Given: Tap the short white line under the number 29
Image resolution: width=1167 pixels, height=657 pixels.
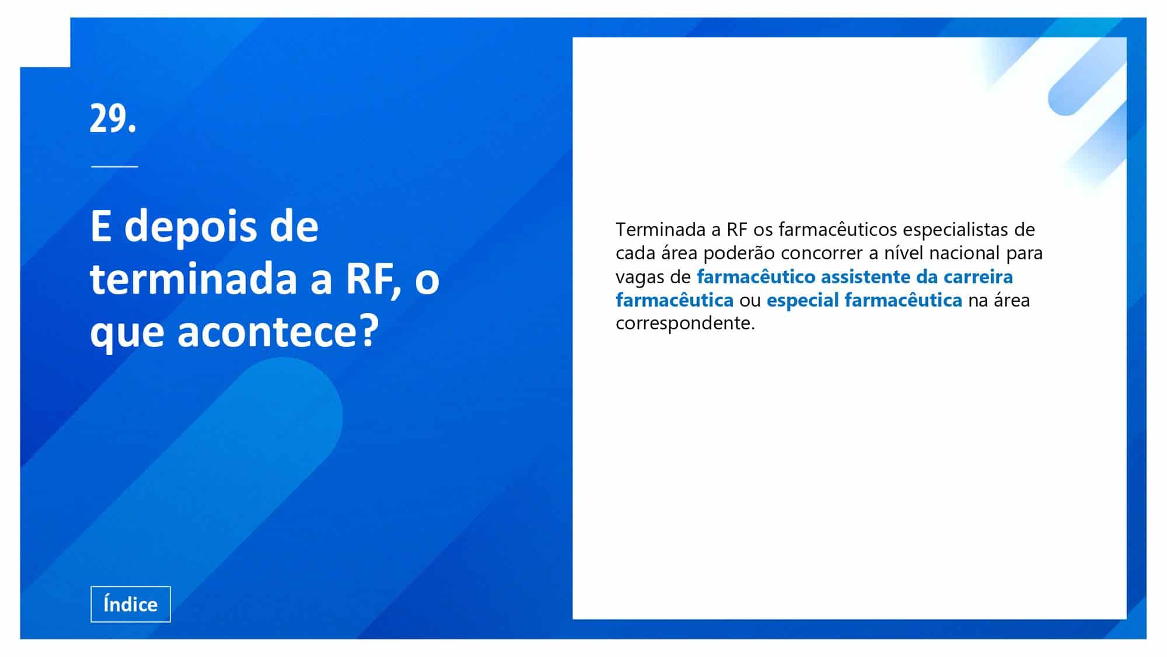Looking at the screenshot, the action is [114, 166].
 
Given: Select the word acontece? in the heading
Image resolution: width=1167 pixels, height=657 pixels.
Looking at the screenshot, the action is [278, 332].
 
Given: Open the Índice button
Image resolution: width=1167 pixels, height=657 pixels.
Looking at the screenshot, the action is [131, 604].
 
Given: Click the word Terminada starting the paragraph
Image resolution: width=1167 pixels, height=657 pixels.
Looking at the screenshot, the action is [661, 230].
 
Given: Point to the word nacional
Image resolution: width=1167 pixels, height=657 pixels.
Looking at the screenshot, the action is [965, 253].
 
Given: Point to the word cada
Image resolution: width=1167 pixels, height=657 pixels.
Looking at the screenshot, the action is [636, 253].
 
